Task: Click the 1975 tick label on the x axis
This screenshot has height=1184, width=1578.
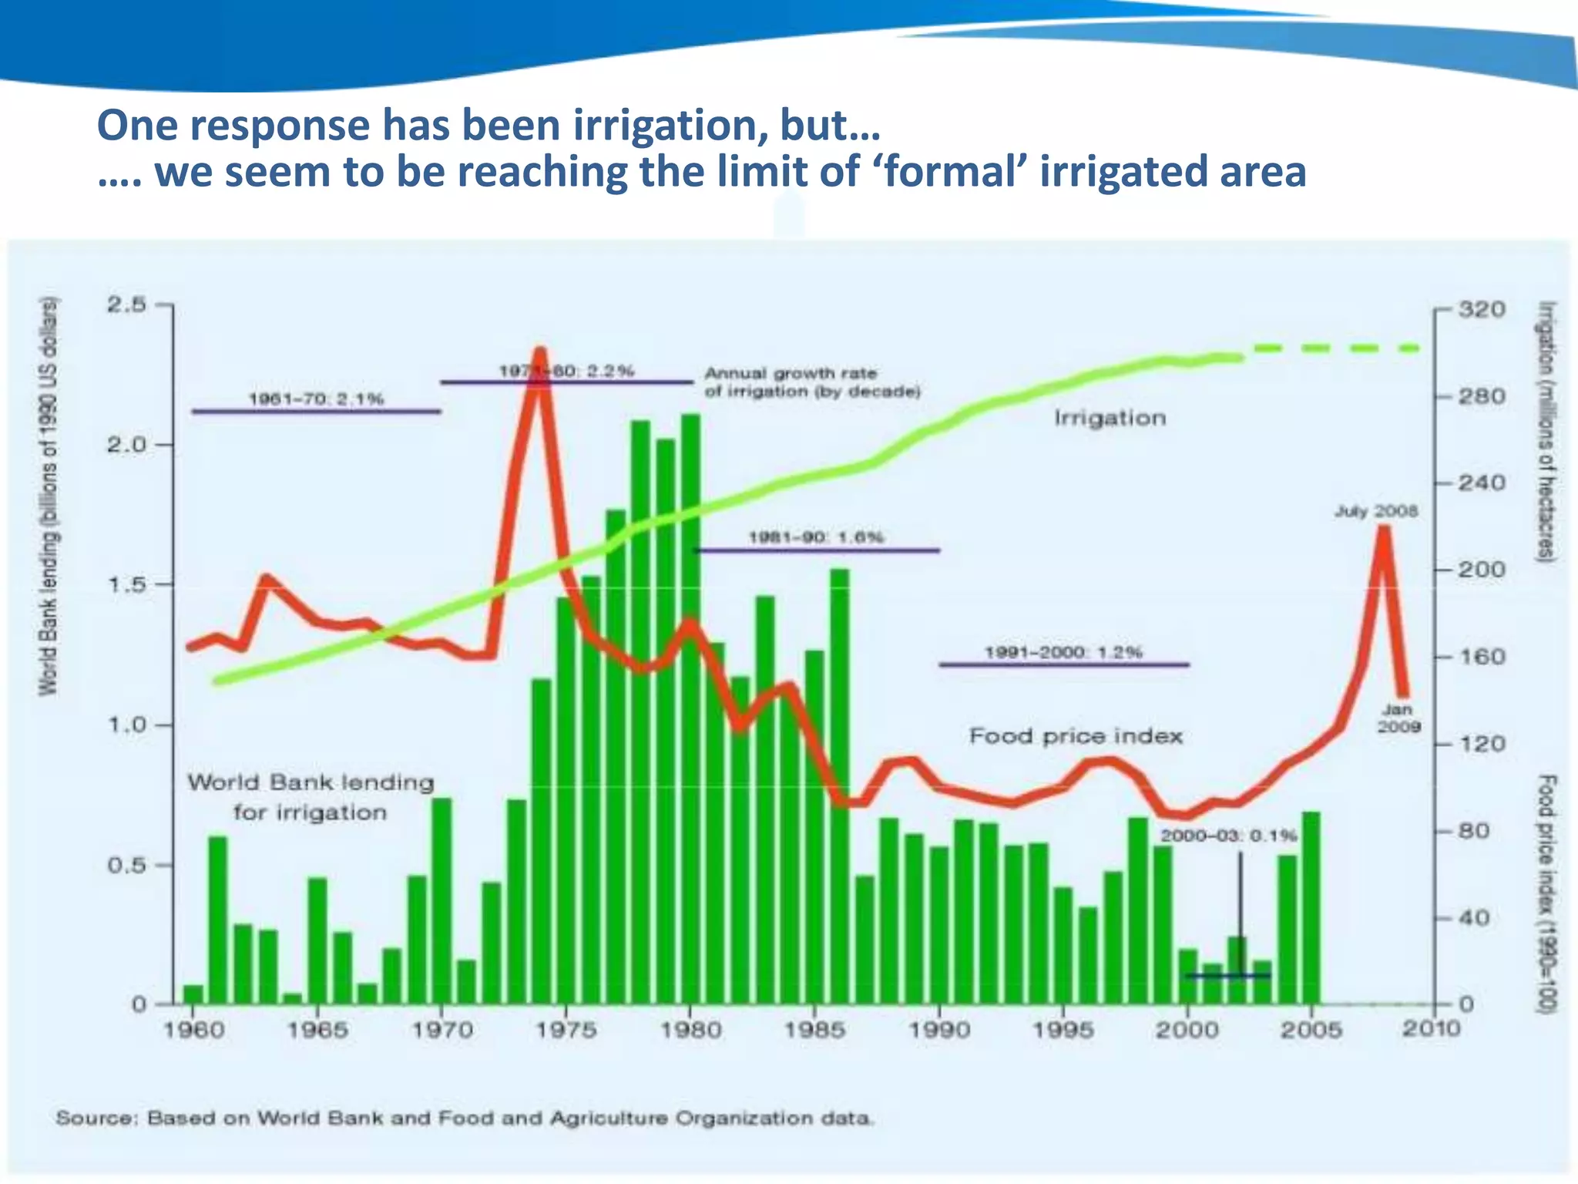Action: [x=566, y=1030]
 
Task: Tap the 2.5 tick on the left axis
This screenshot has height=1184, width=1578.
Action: [x=126, y=305]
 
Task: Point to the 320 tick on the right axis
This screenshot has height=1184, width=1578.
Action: [x=1481, y=310]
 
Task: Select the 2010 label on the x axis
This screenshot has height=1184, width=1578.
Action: [x=1431, y=1028]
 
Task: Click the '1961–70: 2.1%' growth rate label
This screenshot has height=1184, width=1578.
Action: [x=316, y=399]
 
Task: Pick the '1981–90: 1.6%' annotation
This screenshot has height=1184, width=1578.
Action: [x=816, y=537]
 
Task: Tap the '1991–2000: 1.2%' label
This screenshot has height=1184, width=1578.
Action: [x=1063, y=652]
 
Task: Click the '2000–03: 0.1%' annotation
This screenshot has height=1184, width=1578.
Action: [x=1228, y=836]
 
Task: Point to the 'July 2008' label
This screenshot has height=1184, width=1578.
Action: [x=1376, y=511]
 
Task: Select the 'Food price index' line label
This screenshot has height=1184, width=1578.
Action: [x=1076, y=736]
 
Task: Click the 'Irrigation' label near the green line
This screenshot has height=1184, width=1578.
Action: [x=1110, y=418]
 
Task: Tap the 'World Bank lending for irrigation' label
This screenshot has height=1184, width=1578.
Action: [x=311, y=797]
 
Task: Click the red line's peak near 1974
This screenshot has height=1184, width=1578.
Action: [x=541, y=355]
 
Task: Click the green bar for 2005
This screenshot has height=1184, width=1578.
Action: [x=1311, y=910]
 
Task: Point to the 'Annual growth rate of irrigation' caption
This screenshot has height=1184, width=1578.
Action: [x=812, y=382]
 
